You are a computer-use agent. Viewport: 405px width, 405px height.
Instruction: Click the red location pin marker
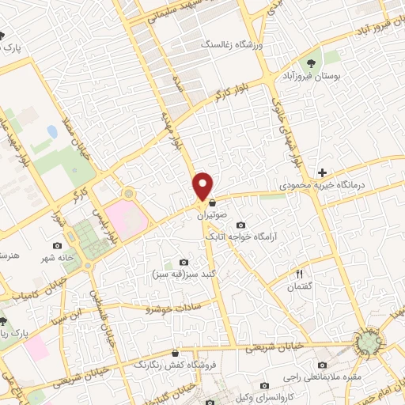[204, 185]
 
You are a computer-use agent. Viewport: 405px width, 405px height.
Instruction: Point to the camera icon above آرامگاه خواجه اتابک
[240, 225]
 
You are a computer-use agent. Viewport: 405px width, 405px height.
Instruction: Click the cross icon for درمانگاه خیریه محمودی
[322, 172]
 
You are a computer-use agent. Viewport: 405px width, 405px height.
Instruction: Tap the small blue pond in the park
[51, 130]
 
